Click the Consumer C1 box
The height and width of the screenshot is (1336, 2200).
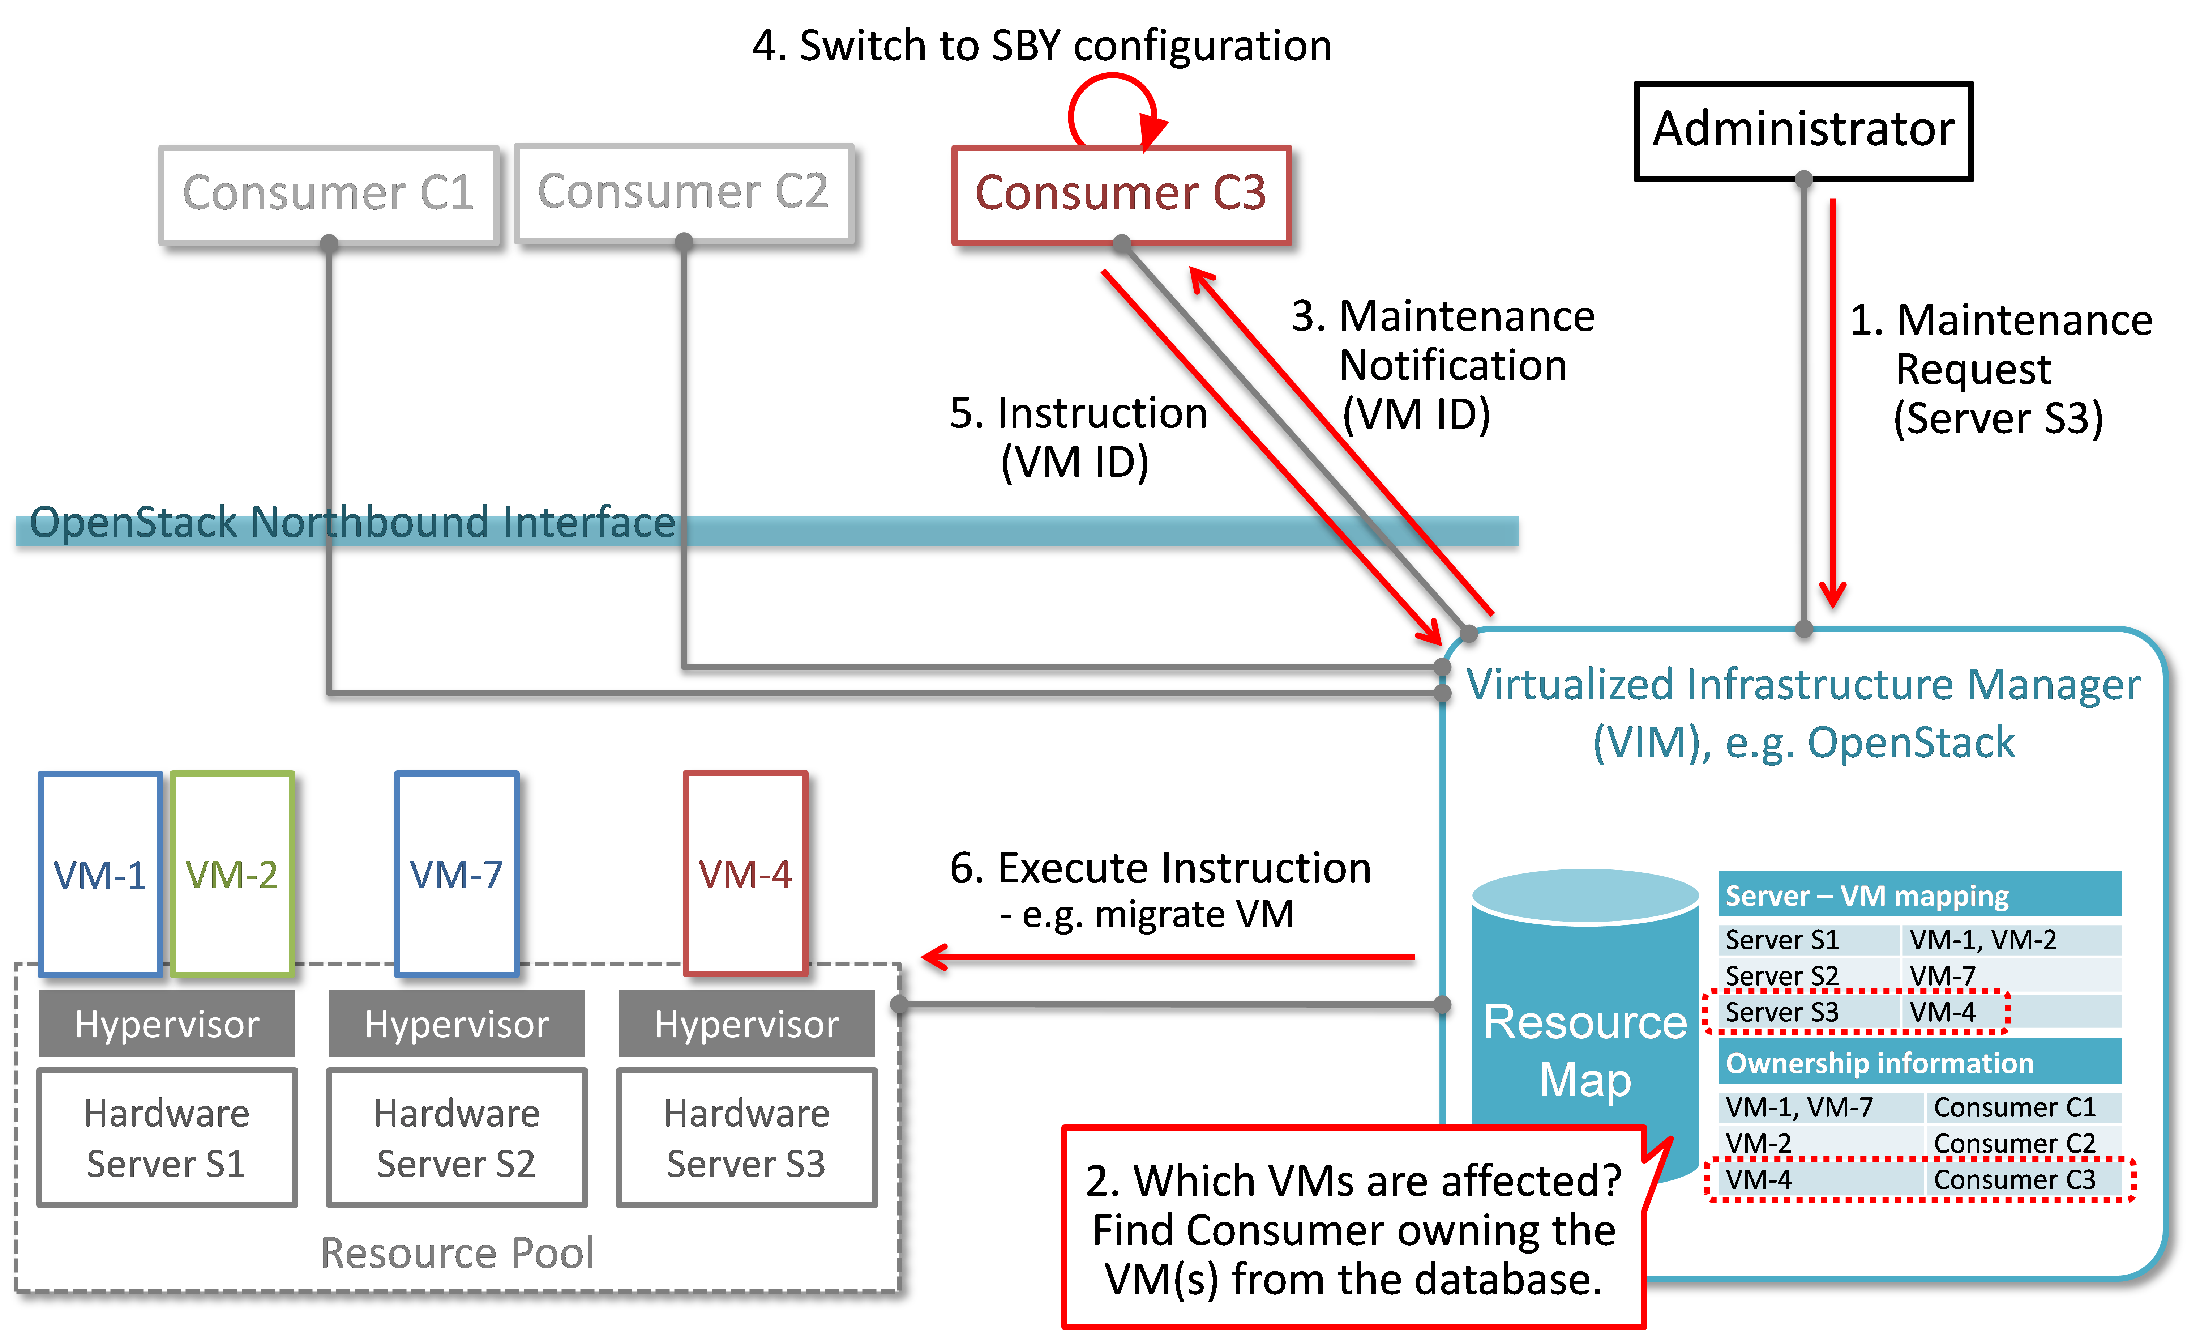point(329,194)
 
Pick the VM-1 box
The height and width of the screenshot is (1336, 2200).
point(100,873)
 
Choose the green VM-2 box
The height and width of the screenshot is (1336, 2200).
point(232,873)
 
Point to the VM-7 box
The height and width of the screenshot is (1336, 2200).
point(456,873)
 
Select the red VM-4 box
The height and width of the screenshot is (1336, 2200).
point(745,873)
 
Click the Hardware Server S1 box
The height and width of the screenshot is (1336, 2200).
point(167,1138)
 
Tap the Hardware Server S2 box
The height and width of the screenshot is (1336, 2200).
point(457,1138)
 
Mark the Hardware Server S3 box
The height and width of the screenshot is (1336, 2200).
point(746,1138)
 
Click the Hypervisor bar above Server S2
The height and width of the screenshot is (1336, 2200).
point(457,1024)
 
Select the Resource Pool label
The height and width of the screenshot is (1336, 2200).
point(457,1252)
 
